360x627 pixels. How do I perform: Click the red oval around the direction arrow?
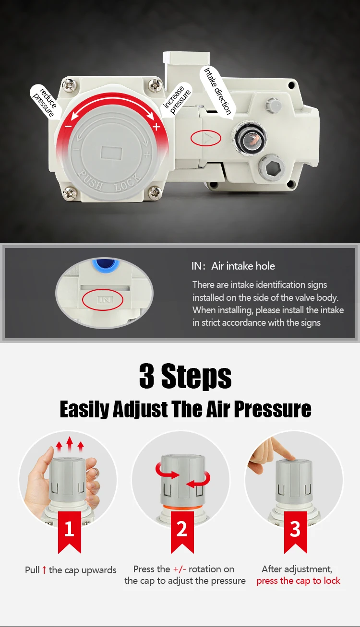tap(206, 138)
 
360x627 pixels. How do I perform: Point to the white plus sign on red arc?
tap(156, 127)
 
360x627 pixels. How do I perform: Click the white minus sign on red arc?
tap(68, 127)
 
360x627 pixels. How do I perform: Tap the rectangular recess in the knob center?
tap(111, 153)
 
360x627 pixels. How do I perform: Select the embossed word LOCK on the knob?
tap(128, 182)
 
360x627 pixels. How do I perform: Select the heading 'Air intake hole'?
tap(243, 266)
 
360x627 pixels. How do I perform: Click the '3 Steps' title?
tap(185, 376)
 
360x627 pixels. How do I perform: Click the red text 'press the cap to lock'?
tap(299, 581)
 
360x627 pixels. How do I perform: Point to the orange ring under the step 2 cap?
tap(182, 507)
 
